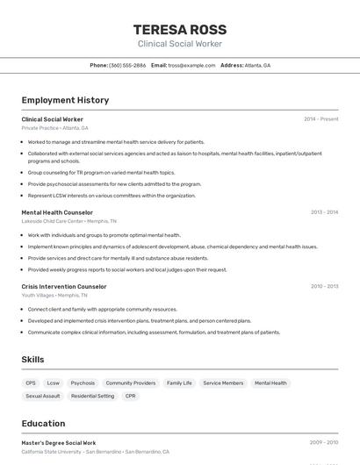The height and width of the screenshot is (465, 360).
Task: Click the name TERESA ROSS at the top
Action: pyautogui.click(x=179, y=29)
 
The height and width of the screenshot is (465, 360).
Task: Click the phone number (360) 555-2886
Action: pyautogui.click(x=127, y=66)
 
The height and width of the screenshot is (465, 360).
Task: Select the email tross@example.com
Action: pyautogui.click(x=191, y=66)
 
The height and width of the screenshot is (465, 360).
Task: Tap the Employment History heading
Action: pyautogui.click(x=65, y=100)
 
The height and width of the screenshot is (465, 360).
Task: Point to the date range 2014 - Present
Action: pyautogui.click(x=320, y=119)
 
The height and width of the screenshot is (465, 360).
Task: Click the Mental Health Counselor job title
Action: pyautogui.click(x=57, y=212)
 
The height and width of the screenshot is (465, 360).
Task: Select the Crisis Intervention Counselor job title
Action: pyautogui.click(x=64, y=286)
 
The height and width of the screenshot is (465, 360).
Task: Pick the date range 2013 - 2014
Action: pyautogui.click(x=324, y=212)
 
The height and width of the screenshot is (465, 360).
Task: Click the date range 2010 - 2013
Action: pyautogui.click(x=324, y=286)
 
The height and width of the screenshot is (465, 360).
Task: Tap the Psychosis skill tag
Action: pyautogui.click(x=83, y=383)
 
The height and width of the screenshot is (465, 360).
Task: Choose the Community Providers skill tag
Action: pyautogui.click(x=131, y=383)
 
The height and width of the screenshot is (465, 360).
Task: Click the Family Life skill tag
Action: pyautogui.click(x=179, y=383)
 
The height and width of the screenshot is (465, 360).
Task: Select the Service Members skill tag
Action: pyautogui.click(x=223, y=383)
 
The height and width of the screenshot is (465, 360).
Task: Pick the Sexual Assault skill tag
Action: pyautogui.click(x=43, y=397)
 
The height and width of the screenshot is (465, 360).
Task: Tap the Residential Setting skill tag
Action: pyautogui.click(x=92, y=397)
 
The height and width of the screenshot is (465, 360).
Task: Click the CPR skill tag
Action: pyautogui.click(x=131, y=397)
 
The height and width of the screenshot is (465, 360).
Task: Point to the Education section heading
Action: pyautogui.click(x=43, y=423)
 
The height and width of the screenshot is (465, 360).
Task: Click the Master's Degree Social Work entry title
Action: pyautogui.click(x=59, y=443)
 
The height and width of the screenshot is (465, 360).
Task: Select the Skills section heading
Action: pyautogui.click(x=33, y=360)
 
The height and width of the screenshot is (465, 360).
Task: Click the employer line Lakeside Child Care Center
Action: pyautogui.click(x=52, y=221)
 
